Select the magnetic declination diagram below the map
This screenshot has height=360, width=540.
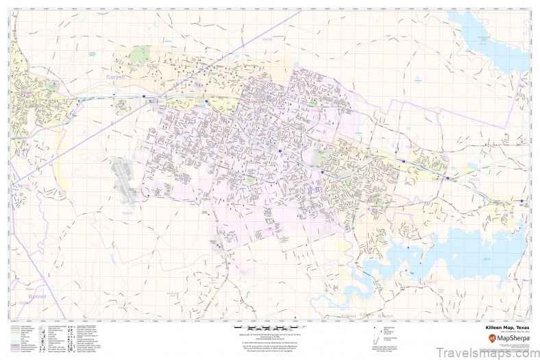coord(376,336)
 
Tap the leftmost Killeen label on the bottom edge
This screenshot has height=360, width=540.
coord(350,316)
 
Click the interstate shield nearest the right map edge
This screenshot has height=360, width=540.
coord(522,203)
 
